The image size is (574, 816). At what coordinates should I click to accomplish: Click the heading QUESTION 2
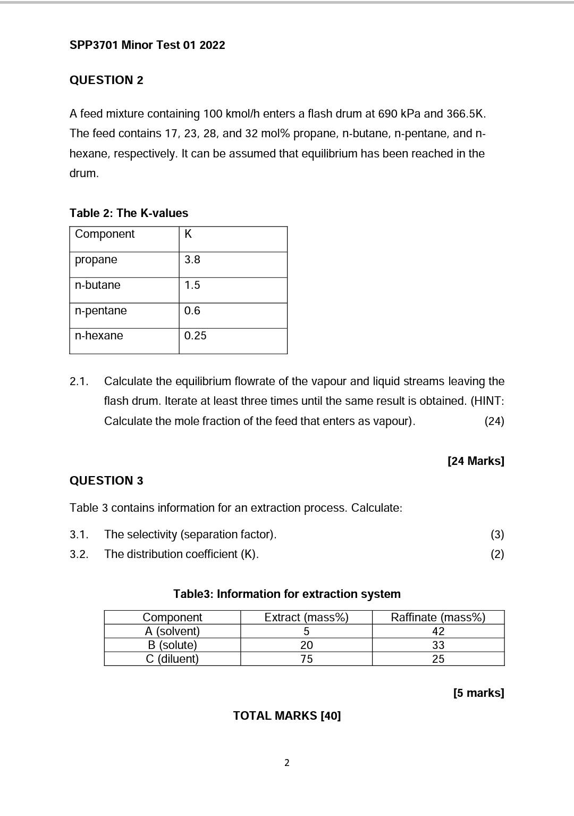(x=106, y=80)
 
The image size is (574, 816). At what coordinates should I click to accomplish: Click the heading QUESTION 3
(x=106, y=481)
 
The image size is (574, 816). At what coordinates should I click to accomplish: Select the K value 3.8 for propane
(x=192, y=260)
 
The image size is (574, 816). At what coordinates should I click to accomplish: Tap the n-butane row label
(x=98, y=285)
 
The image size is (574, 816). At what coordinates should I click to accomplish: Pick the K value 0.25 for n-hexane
(x=195, y=336)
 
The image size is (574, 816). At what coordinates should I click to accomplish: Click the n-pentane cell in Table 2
(x=101, y=311)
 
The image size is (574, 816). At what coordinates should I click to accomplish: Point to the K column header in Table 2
(x=188, y=234)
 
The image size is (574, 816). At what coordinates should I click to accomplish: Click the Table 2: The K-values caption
(x=129, y=213)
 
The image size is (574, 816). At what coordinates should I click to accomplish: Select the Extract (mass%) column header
(x=306, y=617)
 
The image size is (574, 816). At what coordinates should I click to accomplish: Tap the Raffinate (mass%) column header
(x=438, y=617)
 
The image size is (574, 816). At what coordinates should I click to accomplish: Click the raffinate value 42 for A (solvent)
(x=438, y=631)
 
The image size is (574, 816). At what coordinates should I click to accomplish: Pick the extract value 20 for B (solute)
(x=306, y=645)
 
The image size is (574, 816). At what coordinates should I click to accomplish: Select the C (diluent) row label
(x=172, y=659)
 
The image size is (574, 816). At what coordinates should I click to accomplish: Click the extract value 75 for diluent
(x=306, y=659)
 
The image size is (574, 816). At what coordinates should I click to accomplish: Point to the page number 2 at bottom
(x=287, y=763)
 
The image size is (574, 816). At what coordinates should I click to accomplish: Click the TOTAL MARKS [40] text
(x=287, y=716)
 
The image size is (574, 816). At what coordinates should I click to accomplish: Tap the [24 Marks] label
(x=476, y=461)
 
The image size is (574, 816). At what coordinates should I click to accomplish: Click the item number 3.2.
(x=79, y=554)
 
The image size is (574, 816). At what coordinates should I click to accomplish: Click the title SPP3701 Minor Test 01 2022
(x=147, y=45)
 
